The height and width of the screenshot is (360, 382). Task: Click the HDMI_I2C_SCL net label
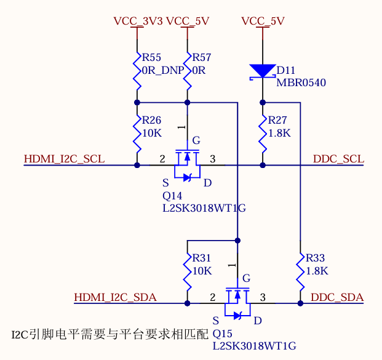point(64,159)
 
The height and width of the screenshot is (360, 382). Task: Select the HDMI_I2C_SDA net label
point(115,298)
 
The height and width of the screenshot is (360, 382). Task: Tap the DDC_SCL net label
point(338,159)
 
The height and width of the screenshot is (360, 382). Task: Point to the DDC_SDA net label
point(337,298)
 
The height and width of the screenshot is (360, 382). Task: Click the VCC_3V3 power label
point(138,21)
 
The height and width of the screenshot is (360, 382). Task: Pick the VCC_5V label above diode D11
point(263,21)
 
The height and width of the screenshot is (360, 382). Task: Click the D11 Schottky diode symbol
point(263,71)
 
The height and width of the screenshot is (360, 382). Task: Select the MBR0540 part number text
point(301,83)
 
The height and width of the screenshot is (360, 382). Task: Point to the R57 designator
point(202,58)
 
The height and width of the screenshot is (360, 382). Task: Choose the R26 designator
point(151,120)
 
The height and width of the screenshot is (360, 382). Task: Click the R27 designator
point(278,120)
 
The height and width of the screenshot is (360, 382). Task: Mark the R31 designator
point(202,258)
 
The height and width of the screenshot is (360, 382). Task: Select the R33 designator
point(315,258)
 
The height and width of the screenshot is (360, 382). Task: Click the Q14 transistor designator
point(172,196)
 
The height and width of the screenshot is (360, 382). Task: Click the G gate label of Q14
point(196,140)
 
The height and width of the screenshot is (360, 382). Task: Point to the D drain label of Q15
point(258,321)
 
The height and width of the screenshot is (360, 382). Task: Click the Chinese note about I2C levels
point(110,334)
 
